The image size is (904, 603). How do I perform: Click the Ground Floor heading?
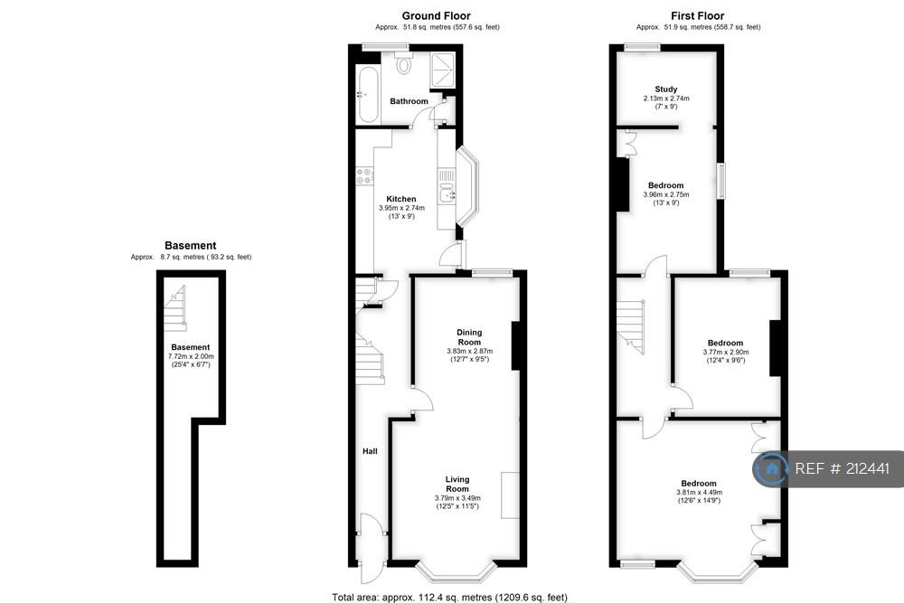tap(436, 16)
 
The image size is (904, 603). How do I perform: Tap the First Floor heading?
tap(697, 16)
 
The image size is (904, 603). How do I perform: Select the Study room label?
tap(666, 90)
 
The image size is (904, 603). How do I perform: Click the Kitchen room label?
tap(401, 199)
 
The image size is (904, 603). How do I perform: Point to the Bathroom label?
tap(409, 101)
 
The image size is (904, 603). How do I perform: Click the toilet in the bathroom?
tap(404, 62)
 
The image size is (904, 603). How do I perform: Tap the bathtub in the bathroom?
tap(367, 94)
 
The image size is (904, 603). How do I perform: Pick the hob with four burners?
tap(363, 176)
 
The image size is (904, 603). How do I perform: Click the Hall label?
tap(370, 451)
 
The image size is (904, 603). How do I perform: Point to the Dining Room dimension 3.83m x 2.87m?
tap(469, 351)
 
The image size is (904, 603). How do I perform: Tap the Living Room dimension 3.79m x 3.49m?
tap(457, 498)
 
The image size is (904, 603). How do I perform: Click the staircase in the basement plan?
tap(175, 309)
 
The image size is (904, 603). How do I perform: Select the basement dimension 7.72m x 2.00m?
tap(190, 356)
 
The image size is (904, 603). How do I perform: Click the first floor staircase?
tap(631, 326)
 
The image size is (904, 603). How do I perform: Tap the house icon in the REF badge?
tap(771, 468)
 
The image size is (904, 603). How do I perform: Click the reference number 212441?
tap(867, 468)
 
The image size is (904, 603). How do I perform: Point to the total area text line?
tap(449, 598)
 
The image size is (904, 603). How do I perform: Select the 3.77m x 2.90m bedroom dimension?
tap(725, 352)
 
